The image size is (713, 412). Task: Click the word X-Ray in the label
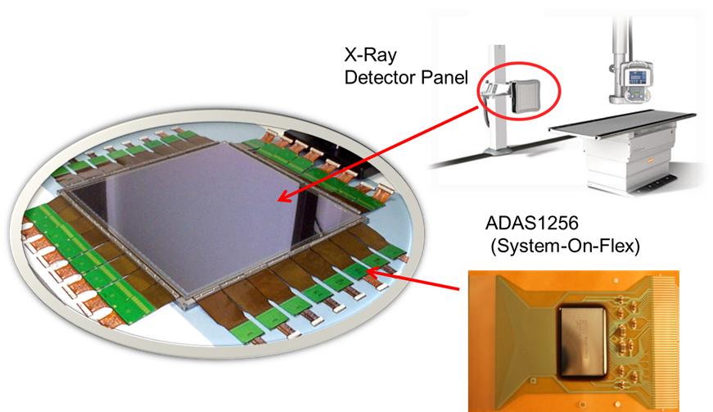371,56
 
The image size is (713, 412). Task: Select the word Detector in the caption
380,77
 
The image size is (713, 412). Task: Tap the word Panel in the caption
444,77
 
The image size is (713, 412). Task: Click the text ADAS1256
532,223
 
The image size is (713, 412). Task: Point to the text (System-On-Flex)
565,246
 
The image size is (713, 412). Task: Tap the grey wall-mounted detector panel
526,96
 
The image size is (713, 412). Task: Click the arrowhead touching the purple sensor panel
285,197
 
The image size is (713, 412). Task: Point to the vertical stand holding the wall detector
499,100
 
